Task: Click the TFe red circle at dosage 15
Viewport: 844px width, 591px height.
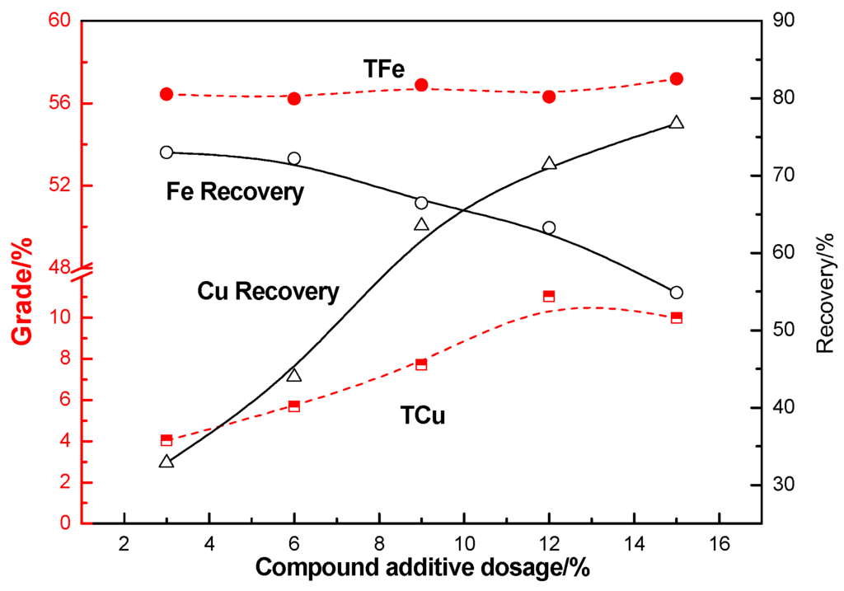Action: pos(677,79)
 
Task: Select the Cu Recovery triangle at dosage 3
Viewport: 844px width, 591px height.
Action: pos(166,462)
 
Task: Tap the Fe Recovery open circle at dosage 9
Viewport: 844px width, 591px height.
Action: pos(421,203)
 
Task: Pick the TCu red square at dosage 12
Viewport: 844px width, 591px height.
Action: pos(549,296)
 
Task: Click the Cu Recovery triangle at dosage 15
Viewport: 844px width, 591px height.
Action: pos(677,123)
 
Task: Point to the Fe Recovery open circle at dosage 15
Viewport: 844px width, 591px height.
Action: pos(677,293)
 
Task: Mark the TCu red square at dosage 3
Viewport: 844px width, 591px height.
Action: pos(166,440)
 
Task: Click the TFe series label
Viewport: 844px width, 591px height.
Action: pos(384,69)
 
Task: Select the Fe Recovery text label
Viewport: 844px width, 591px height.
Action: pos(235,193)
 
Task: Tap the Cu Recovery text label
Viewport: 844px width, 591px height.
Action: pos(269,291)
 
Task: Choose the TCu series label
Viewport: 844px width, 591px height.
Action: pos(424,416)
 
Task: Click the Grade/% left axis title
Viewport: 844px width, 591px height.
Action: pos(22,290)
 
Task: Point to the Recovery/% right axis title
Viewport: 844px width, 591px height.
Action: pos(825,293)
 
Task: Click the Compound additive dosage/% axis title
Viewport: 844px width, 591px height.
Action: pos(422,568)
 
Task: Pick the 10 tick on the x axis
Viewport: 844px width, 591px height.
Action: pos(464,542)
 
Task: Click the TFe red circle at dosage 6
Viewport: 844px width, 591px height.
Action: pos(294,98)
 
